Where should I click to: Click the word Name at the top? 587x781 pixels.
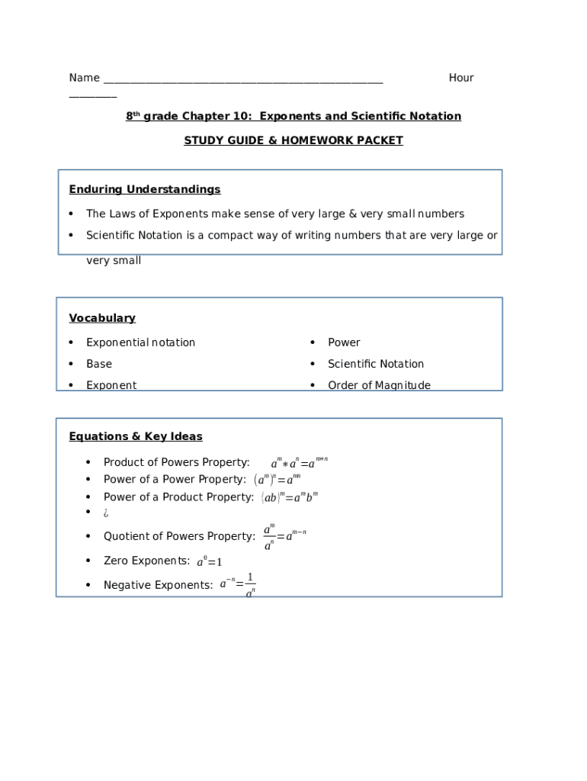click(x=84, y=78)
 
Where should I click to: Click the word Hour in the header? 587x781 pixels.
click(x=461, y=78)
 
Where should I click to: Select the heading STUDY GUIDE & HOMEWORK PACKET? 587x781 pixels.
click(x=293, y=140)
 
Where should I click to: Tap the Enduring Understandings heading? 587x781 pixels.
click(x=145, y=189)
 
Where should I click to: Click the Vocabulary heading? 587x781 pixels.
click(x=102, y=318)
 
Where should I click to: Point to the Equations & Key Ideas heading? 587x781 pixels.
click(x=136, y=436)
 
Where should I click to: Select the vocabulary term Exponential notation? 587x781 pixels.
click(x=140, y=342)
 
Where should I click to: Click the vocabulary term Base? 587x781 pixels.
click(x=99, y=364)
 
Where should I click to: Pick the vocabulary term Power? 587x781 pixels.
click(x=344, y=342)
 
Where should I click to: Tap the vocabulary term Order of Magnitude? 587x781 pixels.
click(x=379, y=385)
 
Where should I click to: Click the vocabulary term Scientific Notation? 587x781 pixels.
click(x=376, y=364)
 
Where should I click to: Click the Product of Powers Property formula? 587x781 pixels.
click(x=300, y=463)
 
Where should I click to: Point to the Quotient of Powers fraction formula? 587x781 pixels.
click(x=284, y=536)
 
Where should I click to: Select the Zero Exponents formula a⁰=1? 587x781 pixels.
click(x=209, y=562)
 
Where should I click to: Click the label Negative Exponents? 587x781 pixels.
click(x=158, y=585)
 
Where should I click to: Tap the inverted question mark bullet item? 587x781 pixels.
click(x=106, y=513)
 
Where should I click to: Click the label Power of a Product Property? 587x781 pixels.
click(x=178, y=497)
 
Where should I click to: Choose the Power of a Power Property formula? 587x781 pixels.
click(x=277, y=480)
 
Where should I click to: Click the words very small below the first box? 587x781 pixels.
click(x=114, y=261)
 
